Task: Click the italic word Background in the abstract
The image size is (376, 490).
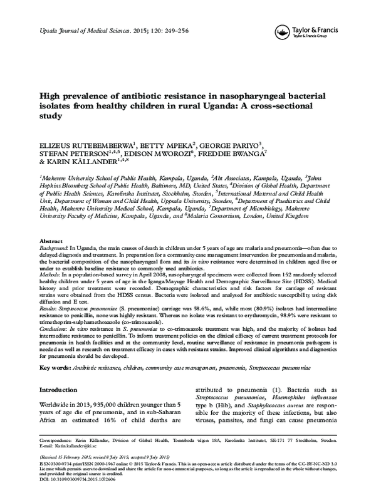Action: pyautogui.click(x=53, y=249)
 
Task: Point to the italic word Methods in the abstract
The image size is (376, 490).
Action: pyautogui.click(x=50, y=283)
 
